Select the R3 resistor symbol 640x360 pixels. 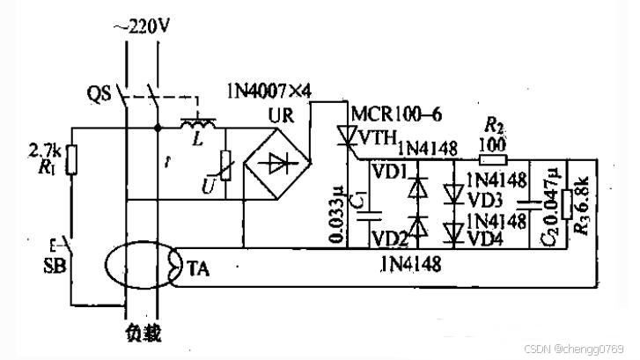point(567,205)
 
